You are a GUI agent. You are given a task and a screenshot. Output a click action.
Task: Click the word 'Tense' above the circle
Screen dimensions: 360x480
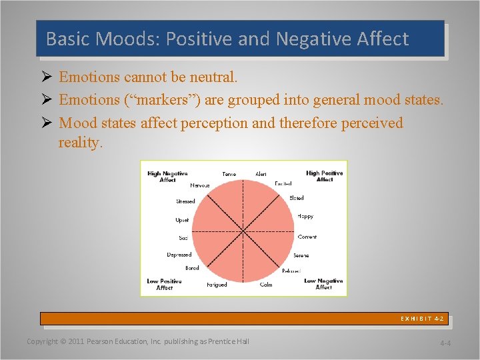point(229,175)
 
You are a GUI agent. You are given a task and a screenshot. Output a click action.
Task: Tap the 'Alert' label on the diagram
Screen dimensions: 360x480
point(261,175)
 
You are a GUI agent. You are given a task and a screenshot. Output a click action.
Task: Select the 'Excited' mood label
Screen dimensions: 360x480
point(283,184)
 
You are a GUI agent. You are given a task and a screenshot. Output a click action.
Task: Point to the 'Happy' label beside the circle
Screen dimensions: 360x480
point(305,216)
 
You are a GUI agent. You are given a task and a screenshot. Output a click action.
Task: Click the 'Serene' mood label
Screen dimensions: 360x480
point(301,255)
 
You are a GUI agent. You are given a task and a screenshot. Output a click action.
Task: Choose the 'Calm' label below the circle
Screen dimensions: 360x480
point(266,285)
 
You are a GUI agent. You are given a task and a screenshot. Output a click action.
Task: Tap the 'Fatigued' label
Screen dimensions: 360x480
point(217,285)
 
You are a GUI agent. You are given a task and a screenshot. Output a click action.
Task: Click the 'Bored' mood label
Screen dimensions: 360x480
point(192,268)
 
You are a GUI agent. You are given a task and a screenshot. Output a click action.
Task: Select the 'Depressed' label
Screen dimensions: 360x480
point(179,254)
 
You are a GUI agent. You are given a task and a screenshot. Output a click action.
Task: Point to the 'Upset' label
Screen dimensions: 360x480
point(182,220)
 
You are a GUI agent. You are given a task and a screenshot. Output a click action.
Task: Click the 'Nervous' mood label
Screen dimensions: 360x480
point(199,185)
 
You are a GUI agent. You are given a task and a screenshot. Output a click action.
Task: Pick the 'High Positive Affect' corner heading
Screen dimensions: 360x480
point(324,176)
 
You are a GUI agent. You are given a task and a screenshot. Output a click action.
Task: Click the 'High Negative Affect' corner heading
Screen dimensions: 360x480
point(167,176)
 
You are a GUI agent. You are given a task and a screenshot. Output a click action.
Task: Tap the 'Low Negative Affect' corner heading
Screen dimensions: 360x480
point(323,284)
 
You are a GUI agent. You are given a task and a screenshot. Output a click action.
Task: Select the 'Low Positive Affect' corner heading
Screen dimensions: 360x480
point(165,284)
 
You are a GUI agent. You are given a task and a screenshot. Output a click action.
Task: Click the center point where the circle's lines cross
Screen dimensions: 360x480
point(242,230)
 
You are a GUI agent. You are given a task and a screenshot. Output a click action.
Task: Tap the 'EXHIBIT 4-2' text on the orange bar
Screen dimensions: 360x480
point(422,319)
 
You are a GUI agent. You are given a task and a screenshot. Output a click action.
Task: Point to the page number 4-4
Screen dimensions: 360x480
point(445,343)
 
